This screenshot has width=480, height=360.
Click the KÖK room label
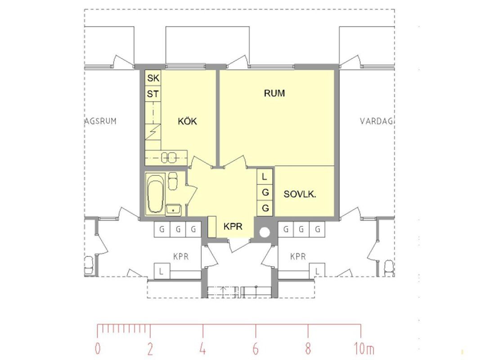click(187, 121)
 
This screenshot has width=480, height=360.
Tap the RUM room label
click(274, 93)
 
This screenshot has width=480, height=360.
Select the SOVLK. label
click(300, 194)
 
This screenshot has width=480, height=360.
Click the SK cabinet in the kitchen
click(153, 78)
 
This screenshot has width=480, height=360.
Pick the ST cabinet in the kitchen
click(153, 93)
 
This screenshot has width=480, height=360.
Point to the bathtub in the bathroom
click(155, 193)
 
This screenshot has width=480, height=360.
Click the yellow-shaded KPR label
click(233, 226)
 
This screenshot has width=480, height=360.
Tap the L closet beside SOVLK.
click(265, 177)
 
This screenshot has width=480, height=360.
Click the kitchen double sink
click(169, 157)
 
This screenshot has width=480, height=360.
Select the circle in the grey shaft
click(265, 233)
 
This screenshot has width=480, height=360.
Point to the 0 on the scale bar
click(98, 348)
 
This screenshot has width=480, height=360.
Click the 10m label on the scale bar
click(364, 348)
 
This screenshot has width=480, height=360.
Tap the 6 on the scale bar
click(256, 348)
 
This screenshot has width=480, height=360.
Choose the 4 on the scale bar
click(202, 348)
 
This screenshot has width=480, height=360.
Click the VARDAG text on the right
click(376, 121)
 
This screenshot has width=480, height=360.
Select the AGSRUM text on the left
click(100, 121)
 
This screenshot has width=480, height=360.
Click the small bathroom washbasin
click(174, 210)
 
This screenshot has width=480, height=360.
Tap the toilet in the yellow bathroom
click(173, 181)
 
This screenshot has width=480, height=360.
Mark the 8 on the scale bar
click(308, 348)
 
